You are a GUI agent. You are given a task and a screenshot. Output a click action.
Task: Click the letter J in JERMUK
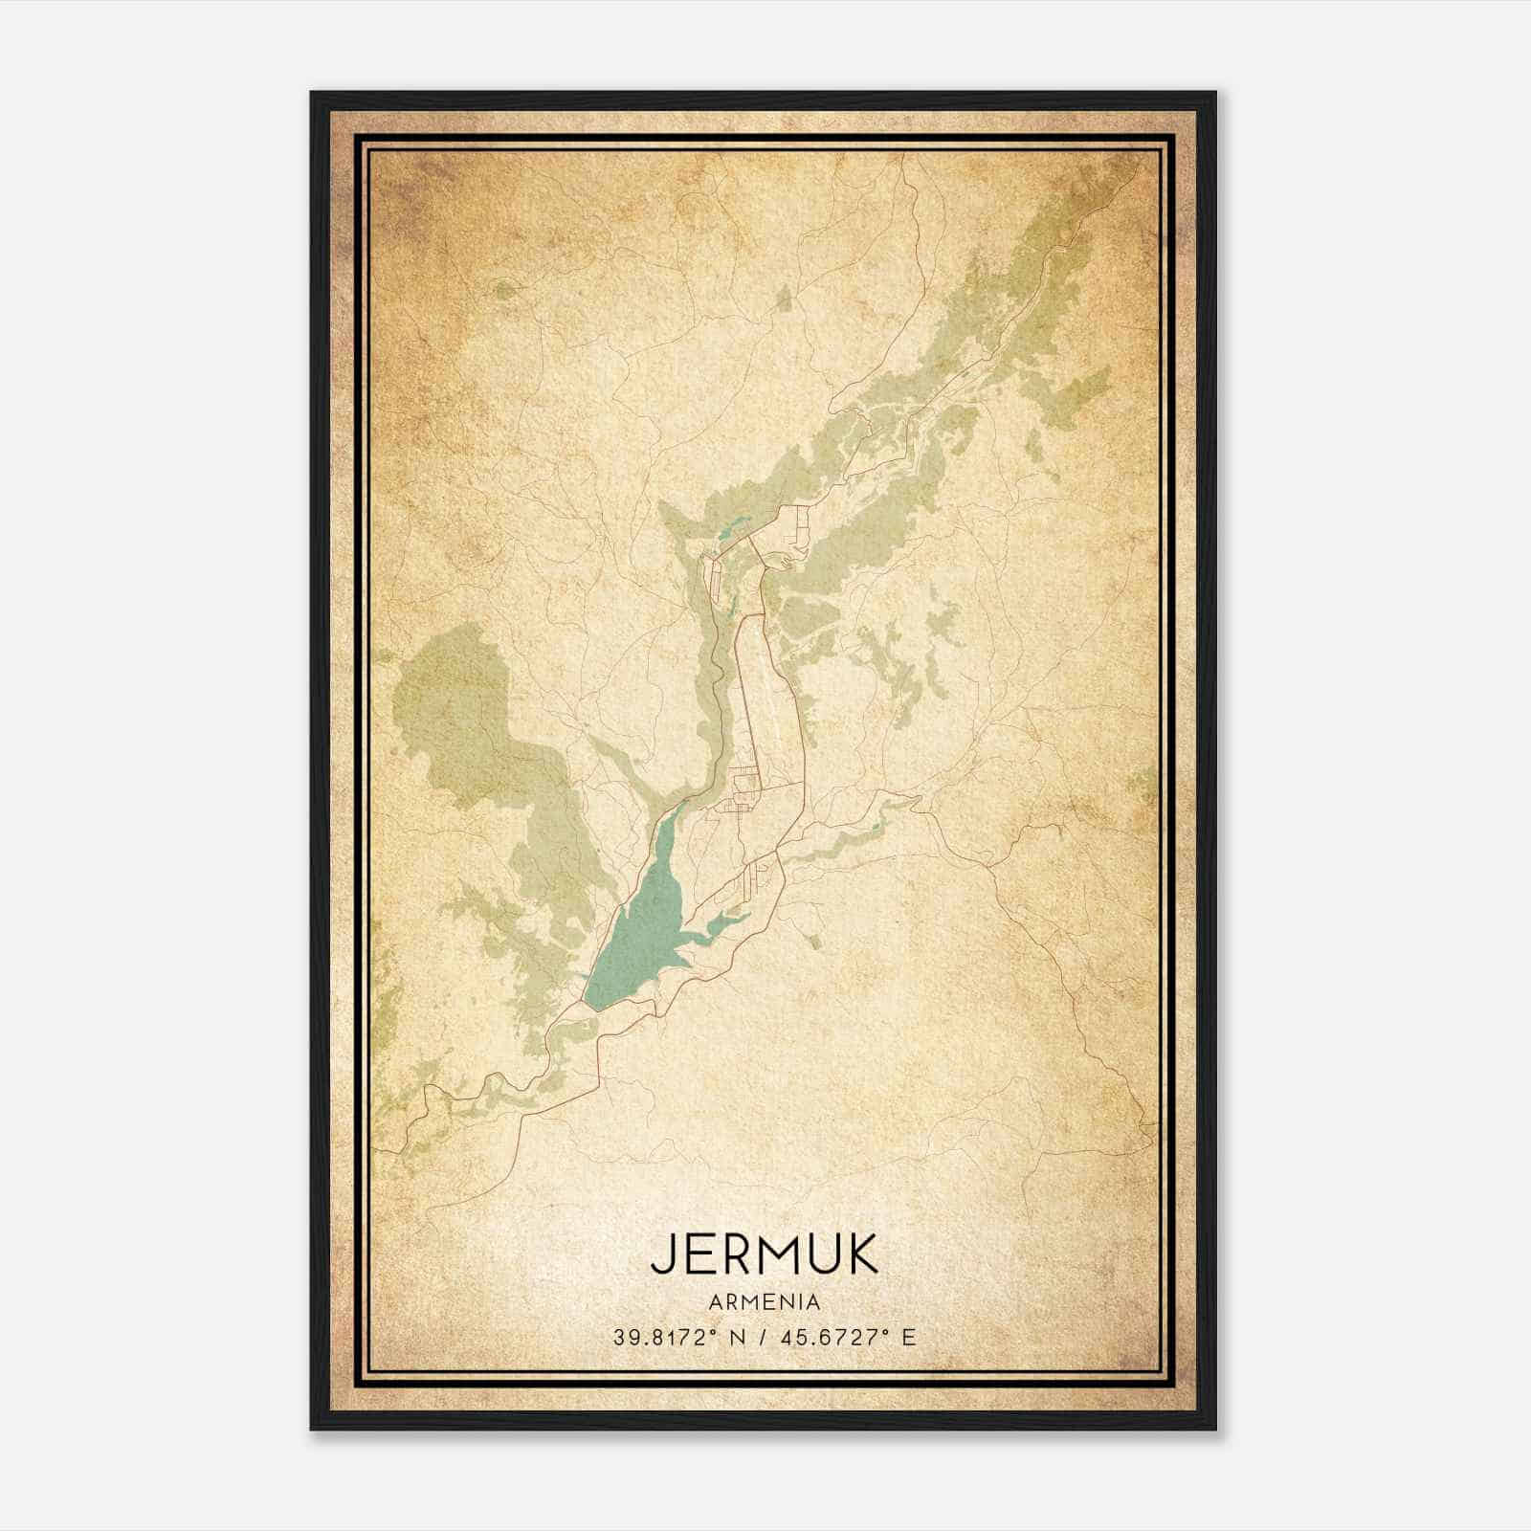(x=662, y=1255)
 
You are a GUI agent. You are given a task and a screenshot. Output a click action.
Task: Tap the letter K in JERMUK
(x=860, y=1255)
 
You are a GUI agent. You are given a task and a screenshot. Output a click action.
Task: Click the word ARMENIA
(x=765, y=1302)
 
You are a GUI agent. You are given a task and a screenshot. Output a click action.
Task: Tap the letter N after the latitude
(x=737, y=1338)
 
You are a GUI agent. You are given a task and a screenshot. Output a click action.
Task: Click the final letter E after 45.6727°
(x=909, y=1338)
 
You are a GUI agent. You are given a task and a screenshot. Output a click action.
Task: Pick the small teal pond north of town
(x=733, y=526)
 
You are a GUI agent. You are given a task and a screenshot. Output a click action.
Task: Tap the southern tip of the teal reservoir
(x=591, y=1005)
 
